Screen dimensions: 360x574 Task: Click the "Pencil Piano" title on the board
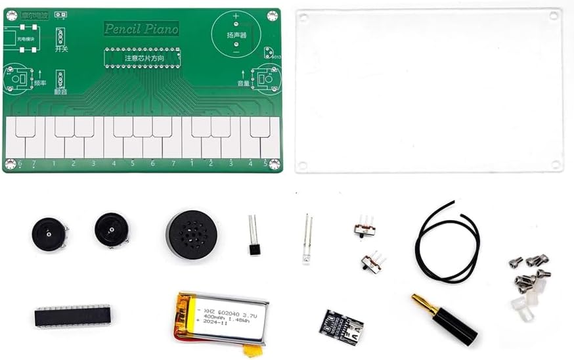141,28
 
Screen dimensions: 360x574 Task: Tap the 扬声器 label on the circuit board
236,35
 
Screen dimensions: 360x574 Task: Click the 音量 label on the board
244,83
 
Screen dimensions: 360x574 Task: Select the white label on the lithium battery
221,315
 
